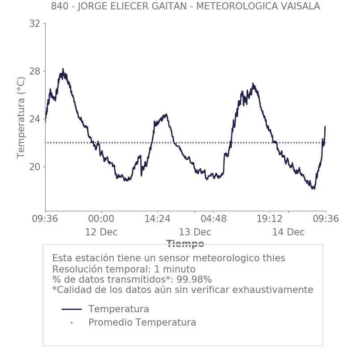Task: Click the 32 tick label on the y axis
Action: point(34,24)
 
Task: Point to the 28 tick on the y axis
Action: point(34,71)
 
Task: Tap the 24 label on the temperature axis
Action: point(34,119)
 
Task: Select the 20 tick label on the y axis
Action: point(34,167)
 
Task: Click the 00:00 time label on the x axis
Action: point(101,219)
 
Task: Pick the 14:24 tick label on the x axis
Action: point(157,219)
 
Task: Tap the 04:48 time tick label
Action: point(213,219)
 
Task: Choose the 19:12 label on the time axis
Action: point(270,219)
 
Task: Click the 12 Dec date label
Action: point(101,233)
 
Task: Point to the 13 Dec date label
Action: point(195,233)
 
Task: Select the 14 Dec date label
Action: point(288,233)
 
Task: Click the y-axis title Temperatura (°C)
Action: point(21,117)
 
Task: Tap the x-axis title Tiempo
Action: point(185,244)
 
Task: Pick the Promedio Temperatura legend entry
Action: point(142,322)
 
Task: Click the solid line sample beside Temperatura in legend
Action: point(71,309)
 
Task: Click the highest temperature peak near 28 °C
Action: point(63,69)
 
